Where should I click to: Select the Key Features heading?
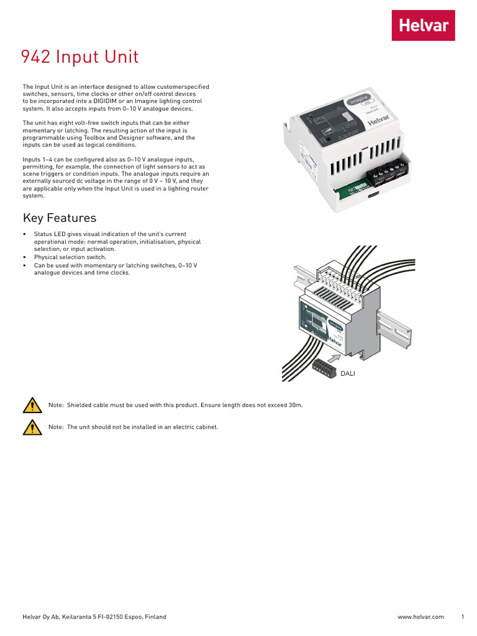tap(60, 218)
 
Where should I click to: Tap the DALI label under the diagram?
tap(348, 373)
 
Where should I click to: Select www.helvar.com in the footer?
tap(420, 617)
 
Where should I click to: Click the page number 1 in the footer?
tap(463, 617)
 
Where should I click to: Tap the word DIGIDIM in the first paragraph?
tap(107, 101)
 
